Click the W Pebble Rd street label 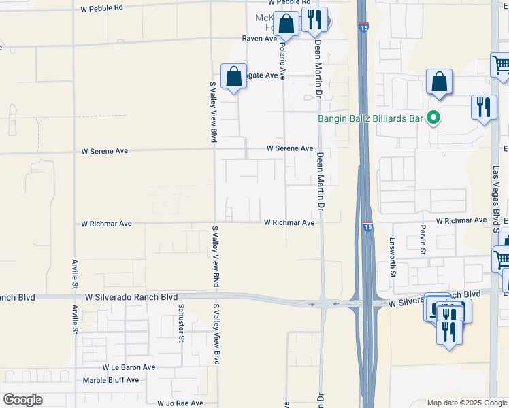(101, 8)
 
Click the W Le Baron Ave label (129, 367)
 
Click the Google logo (22, 400)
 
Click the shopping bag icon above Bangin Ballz (440, 82)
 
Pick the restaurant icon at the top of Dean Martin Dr (314, 20)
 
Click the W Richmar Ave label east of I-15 (461, 221)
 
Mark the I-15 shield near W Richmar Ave (367, 226)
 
